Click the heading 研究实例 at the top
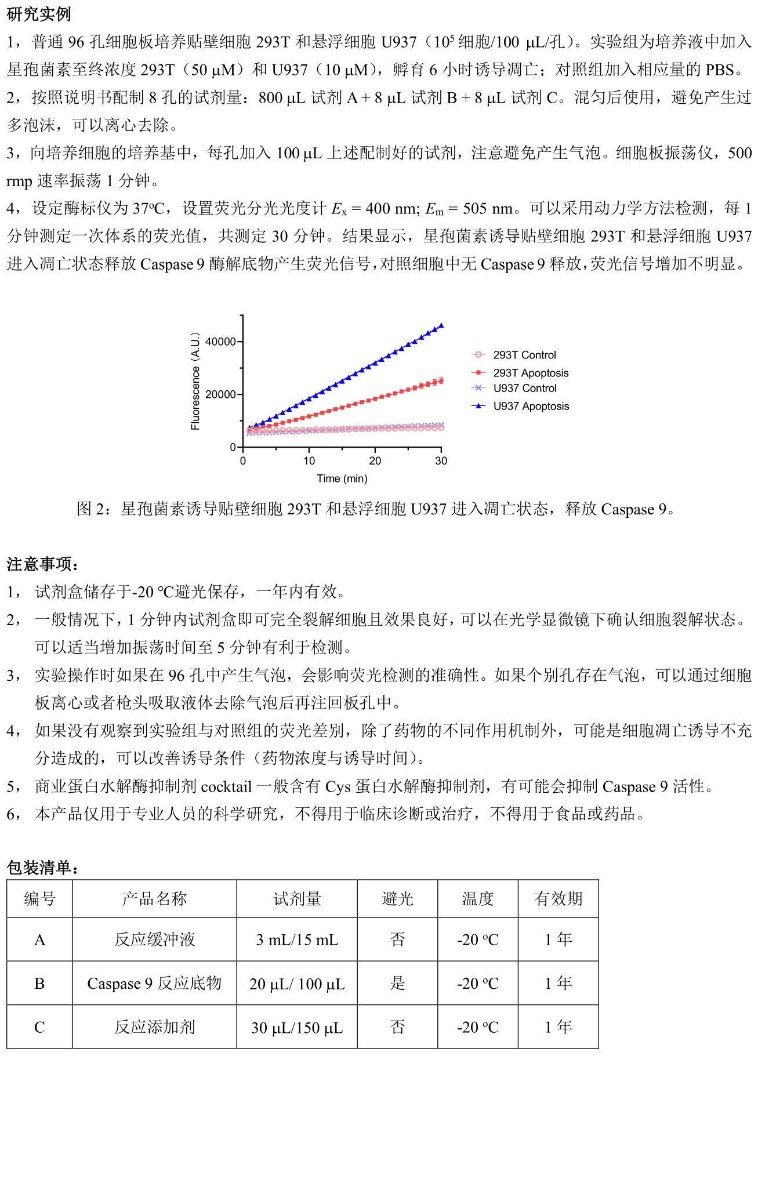coord(38,14)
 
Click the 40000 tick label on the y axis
coord(221,342)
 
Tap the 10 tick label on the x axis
coord(309,460)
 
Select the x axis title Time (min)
coord(342,478)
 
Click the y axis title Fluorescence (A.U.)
coord(195,381)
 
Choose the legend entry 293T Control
coord(524,355)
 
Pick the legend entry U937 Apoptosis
coord(531,406)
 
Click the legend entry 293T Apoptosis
coord(531,373)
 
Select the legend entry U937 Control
coord(524,388)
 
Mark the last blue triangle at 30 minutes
coord(441,325)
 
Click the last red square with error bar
coord(441,380)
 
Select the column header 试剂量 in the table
coord(297,899)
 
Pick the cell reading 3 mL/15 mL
coord(297,939)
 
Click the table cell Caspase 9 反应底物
coord(154,984)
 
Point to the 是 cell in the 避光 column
coord(397,984)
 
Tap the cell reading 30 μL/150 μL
coord(297,1028)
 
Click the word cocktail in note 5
coord(226,786)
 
